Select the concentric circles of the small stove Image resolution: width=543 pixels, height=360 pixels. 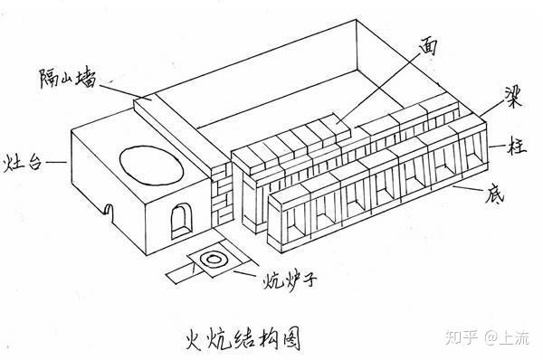point(214,261)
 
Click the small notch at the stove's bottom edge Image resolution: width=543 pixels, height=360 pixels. point(110,212)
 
